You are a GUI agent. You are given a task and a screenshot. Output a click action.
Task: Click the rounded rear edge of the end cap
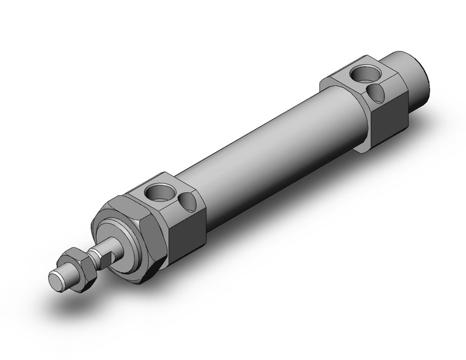click(x=429, y=92)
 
